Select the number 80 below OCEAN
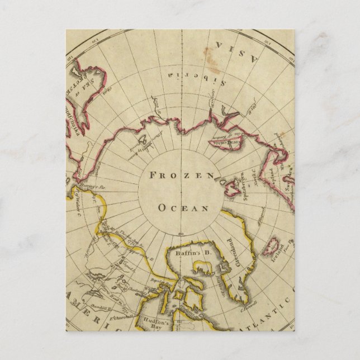180,232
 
